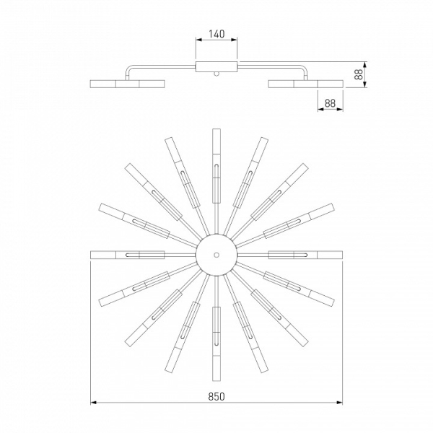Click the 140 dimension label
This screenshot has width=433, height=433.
tap(216, 34)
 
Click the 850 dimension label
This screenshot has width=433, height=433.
tap(216, 396)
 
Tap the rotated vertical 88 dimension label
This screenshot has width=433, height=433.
tap(359, 74)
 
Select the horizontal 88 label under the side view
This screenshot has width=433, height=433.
tap(330, 103)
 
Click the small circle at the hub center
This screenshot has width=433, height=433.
tap(216, 255)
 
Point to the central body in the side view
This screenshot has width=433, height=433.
tap(216, 67)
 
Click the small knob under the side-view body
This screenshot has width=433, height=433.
tap(216, 74)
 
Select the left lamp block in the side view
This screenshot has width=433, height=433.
tap(128, 84)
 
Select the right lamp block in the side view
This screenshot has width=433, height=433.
tap(306, 84)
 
